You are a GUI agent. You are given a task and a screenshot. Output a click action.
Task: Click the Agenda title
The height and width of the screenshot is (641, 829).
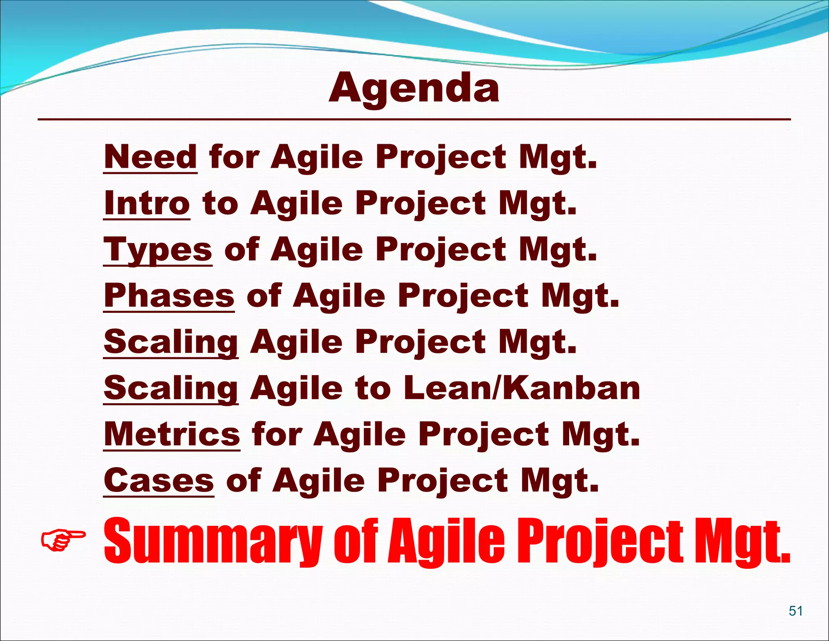(x=414, y=89)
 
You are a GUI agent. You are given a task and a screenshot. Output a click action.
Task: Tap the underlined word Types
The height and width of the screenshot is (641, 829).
(x=158, y=250)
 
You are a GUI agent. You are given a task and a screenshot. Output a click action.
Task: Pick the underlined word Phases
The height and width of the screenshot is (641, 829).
(x=169, y=296)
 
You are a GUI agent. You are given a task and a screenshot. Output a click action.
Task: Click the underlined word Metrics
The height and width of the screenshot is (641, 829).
(x=172, y=434)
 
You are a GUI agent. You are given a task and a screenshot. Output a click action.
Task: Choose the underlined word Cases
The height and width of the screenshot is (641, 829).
(x=159, y=481)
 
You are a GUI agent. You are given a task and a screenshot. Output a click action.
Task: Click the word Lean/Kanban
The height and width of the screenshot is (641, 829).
(x=522, y=388)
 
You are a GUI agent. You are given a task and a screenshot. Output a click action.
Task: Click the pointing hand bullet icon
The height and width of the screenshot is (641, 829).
(x=63, y=539)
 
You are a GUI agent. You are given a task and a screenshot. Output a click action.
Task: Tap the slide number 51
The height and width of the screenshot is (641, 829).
(x=795, y=611)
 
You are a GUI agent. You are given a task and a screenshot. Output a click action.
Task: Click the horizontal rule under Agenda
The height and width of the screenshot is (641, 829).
(x=414, y=120)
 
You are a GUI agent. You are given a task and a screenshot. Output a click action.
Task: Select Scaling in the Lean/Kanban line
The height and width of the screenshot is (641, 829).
(x=171, y=388)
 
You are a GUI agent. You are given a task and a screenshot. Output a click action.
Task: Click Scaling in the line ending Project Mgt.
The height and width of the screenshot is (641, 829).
(x=171, y=342)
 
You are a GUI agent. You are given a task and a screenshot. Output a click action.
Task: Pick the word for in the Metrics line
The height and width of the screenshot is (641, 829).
(x=277, y=434)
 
